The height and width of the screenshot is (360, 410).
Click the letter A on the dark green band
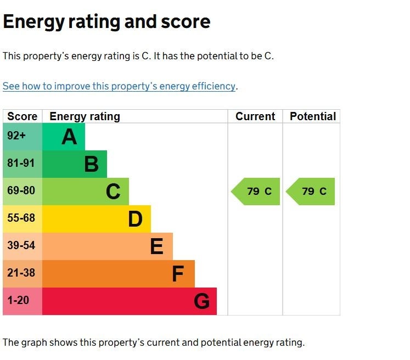(x=69, y=137)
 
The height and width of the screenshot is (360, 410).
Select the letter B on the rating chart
(x=92, y=164)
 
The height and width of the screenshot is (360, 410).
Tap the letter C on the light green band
(x=113, y=192)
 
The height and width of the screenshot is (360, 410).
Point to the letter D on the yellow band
(x=135, y=219)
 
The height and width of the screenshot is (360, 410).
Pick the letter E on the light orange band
(x=157, y=246)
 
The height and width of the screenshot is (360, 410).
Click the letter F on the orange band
(x=178, y=274)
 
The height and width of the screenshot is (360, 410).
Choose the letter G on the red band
(x=201, y=301)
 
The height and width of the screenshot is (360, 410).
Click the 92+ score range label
(x=16, y=136)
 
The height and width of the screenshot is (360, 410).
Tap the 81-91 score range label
(x=21, y=163)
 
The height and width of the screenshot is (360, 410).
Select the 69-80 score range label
(x=21, y=190)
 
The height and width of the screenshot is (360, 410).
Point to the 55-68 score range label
(x=21, y=218)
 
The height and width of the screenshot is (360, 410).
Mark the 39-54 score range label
(x=21, y=245)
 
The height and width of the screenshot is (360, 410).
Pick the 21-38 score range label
(x=21, y=273)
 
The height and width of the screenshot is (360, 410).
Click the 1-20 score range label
(x=18, y=300)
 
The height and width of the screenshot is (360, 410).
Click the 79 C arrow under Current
(x=255, y=192)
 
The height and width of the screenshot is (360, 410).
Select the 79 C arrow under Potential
(x=310, y=192)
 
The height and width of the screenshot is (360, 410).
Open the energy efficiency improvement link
(x=119, y=86)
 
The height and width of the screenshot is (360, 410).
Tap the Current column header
(x=255, y=116)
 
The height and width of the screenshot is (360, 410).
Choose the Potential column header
(x=313, y=116)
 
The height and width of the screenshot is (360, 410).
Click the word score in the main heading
(x=186, y=22)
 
